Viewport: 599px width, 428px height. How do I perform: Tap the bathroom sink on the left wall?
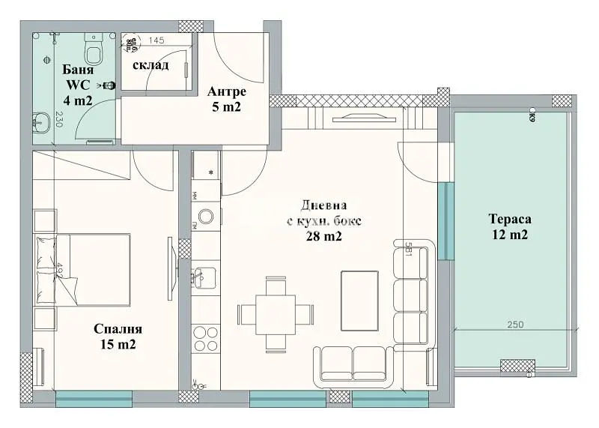tap(42, 120)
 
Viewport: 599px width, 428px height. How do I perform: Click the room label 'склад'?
tap(150, 65)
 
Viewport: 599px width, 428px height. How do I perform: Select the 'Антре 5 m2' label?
tap(225, 99)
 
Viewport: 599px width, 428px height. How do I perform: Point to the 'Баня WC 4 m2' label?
tap(76, 84)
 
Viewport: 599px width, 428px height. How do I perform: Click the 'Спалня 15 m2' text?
tap(118, 337)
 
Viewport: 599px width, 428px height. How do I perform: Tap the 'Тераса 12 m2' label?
tap(509, 227)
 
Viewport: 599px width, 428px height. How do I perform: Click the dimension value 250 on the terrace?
tap(513, 325)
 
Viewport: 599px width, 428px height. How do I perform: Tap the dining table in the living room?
tap(275, 313)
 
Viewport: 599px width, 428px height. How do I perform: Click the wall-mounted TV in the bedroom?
tap(172, 258)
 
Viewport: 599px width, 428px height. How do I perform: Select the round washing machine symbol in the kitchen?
tap(206, 217)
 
